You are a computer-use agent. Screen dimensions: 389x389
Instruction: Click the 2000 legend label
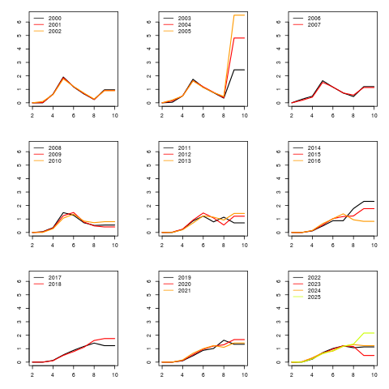click(x=55, y=19)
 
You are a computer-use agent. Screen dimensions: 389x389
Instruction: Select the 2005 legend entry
click(x=185, y=32)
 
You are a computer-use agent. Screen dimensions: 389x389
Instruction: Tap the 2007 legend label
click(x=314, y=25)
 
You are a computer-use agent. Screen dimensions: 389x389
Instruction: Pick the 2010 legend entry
click(x=55, y=161)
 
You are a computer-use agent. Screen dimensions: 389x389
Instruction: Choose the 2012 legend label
click(x=185, y=155)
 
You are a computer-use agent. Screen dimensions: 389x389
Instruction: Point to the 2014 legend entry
click(x=314, y=148)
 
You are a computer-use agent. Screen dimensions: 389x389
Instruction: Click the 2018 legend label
click(x=55, y=284)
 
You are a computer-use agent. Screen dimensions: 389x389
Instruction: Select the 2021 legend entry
click(x=185, y=291)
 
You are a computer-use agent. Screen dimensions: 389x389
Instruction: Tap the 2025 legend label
click(x=314, y=297)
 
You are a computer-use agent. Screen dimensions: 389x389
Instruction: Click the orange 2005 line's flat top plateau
click(x=239, y=15)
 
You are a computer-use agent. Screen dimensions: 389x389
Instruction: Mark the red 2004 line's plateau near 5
click(x=239, y=38)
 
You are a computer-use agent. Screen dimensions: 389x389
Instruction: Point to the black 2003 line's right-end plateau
click(x=239, y=70)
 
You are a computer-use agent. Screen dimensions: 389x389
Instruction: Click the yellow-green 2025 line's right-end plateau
click(x=369, y=333)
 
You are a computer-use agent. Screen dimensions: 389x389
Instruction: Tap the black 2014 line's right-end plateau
click(x=369, y=201)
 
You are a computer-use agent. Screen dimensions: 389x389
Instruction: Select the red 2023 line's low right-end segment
click(x=369, y=355)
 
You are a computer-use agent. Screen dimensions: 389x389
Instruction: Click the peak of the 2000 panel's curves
click(x=63, y=77)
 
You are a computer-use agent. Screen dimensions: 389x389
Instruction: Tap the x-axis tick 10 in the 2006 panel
click(x=374, y=116)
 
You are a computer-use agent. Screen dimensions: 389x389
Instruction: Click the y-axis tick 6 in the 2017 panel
click(x=19, y=281)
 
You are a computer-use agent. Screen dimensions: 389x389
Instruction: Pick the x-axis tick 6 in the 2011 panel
click(x=203, y=246)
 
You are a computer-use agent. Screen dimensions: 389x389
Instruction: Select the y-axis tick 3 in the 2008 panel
click(x=19, y=192)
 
